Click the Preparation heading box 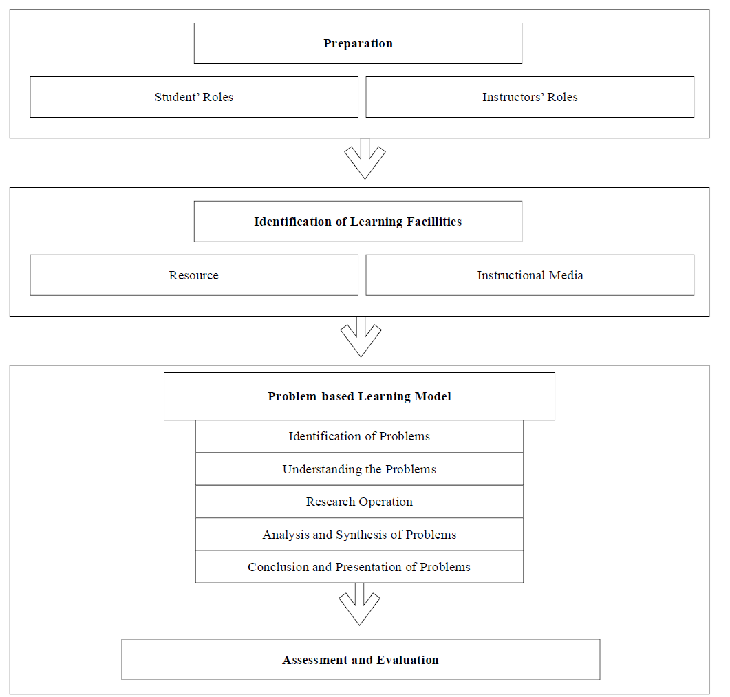(358, 43)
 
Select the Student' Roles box (194, 97)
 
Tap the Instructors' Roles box (530, 97)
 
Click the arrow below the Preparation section (365, 159)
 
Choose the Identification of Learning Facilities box (358, 222)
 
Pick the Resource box (194, 275)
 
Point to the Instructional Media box (530, 275)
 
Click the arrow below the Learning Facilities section (361, 337)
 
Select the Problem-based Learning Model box (359, 396)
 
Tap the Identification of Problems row (359, 436)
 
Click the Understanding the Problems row (359, 469)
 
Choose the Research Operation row (359, 502)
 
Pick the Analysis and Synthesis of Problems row (359, 535)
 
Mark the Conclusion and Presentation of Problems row (359, 567)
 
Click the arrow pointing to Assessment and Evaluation (359, 604)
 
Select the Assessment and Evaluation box (361, 660)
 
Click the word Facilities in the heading (434, 222)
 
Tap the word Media (566, 275)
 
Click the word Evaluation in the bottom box (407, 660)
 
